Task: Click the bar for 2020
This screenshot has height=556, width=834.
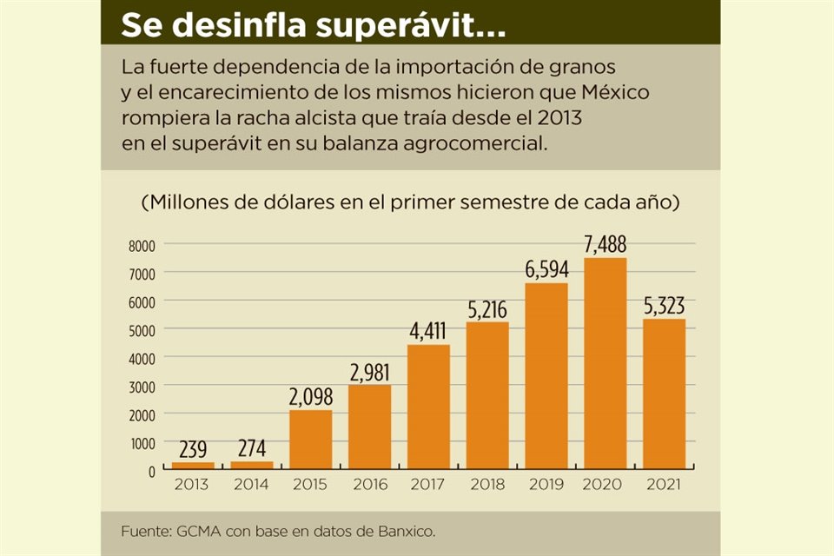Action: coord(606,363)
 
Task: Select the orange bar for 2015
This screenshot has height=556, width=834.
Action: coord(310,439)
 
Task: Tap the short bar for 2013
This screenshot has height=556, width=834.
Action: coord(192,466)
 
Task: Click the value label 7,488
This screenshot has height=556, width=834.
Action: coord(606,245)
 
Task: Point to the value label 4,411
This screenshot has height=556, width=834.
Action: coord(428,331)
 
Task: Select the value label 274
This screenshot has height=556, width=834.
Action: coord(251,449)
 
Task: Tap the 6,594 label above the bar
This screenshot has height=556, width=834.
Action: coord(546,269)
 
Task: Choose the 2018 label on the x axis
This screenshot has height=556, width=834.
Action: coord(487,485)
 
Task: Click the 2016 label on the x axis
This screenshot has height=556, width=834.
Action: coord(369,485)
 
